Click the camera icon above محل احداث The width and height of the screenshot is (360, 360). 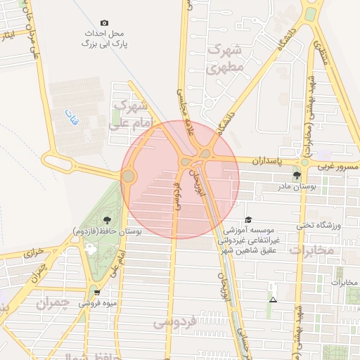[105, 23]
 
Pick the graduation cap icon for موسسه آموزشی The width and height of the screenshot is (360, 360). [247, 220]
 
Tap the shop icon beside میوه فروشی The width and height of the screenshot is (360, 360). [97, 293]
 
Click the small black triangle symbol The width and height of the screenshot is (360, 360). [273, 300]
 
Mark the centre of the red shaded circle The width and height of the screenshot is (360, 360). [180, 179]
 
